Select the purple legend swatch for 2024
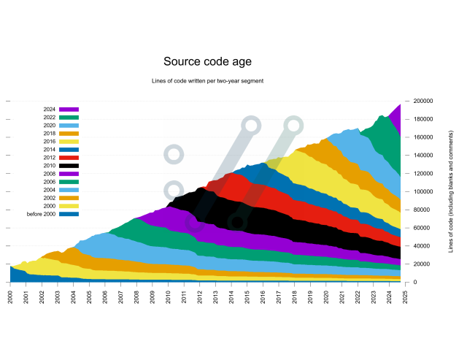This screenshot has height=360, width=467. pos(69,109)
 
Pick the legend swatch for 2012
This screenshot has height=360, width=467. pos(69,157)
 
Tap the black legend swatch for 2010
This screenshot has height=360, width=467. pos(69,165)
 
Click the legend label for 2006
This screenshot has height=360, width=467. pos(50,181)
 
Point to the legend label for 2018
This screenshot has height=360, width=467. pos(50,133)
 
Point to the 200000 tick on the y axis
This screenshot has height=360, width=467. pos(423,101)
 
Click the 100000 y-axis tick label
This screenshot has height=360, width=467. pos(423,191)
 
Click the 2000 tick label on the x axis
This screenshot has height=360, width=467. pos(10,297)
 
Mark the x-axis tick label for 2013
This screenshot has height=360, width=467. pos(215,297)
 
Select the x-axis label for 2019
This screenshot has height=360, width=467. pos(310,297)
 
